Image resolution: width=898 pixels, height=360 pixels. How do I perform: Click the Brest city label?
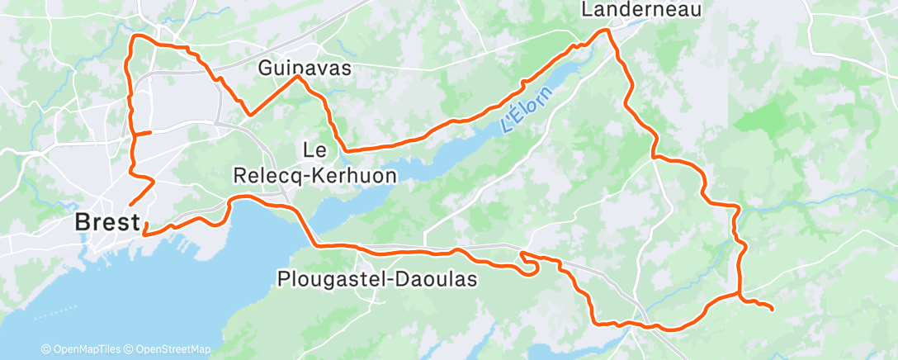105,222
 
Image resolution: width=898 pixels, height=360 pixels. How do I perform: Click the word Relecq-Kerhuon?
315,176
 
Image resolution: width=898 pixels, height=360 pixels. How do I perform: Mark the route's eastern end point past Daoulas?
772,310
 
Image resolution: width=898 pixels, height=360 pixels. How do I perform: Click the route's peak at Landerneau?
606,31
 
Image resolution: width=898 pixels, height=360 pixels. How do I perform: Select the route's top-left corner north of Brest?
136,36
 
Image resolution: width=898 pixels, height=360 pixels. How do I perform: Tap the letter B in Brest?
83,222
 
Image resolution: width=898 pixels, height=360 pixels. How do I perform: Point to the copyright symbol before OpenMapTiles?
46,349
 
